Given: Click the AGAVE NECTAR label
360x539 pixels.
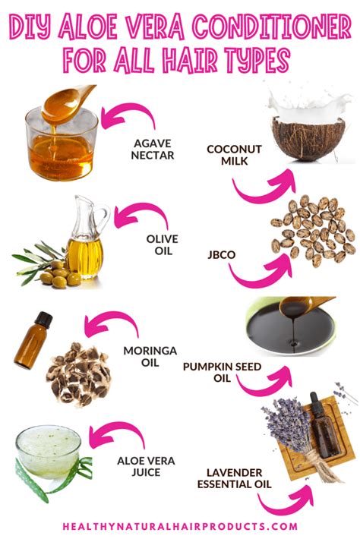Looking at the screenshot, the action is (x=153, y=149).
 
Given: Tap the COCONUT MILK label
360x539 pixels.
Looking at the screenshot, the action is (x=234, y=155).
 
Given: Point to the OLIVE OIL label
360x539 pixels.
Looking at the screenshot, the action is (x=163, y=244).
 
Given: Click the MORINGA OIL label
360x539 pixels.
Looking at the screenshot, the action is (x=150, y=357).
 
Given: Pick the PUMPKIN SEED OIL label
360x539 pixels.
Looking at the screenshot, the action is (x=222, y=372).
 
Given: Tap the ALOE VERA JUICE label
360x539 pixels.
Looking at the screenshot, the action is (x=146, y=466).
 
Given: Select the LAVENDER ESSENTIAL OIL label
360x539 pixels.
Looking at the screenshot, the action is (x=234, y=478).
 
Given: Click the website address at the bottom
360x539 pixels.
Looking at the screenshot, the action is (x=180, y=526).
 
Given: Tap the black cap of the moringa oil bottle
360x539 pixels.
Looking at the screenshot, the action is (x=43, y=319).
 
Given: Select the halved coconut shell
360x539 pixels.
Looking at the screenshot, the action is (x=308, y=138).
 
